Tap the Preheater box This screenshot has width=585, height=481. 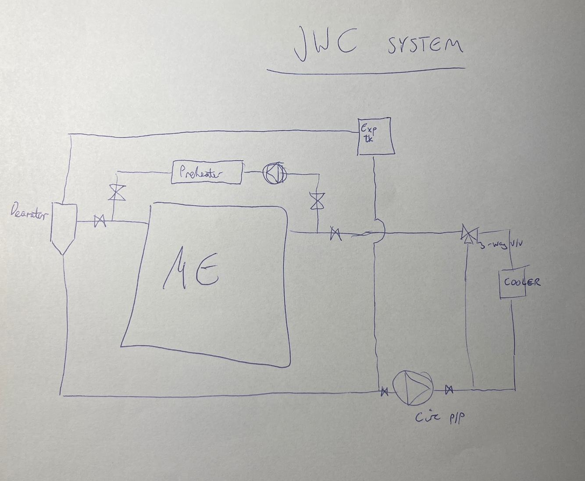tap(207, 173)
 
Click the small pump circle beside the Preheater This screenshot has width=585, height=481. tap(275, 174)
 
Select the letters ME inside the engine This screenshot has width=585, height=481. tap(191, 269)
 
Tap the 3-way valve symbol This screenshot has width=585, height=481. tap(468, 233)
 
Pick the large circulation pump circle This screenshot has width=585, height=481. tap(412, 388)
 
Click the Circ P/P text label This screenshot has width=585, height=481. tap(439, 417)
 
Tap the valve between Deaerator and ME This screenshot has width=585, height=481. tap(100, 221)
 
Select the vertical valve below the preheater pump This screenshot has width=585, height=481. tap(315, 200)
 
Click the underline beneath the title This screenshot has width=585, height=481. tap(366, 69)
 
